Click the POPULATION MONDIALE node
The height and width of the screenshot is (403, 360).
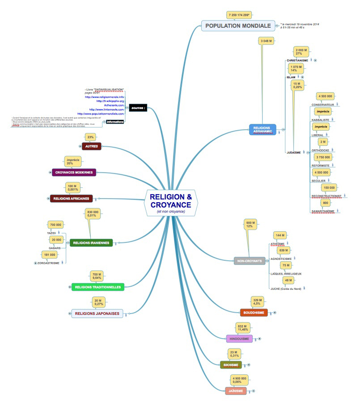click(238, 25)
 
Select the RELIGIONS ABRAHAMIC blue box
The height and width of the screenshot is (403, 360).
click(262, 130)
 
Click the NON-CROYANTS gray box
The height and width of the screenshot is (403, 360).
click(250, 261)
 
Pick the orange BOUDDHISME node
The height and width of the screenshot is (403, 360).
click(253, 313)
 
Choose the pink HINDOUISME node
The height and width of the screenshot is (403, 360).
click(239, 339)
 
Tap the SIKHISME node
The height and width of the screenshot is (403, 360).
click(231, 365)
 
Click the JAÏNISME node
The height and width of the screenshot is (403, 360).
click(236, 391)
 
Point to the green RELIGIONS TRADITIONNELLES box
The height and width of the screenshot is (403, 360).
click(98, 287)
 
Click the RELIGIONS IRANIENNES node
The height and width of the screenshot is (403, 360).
click(91, 243)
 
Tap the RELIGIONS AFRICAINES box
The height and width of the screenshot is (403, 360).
click(71, 198)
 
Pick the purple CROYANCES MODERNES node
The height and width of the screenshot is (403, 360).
click(74, 172)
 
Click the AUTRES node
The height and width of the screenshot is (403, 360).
click(91, 146)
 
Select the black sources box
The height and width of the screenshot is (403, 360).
click(138, 108)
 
